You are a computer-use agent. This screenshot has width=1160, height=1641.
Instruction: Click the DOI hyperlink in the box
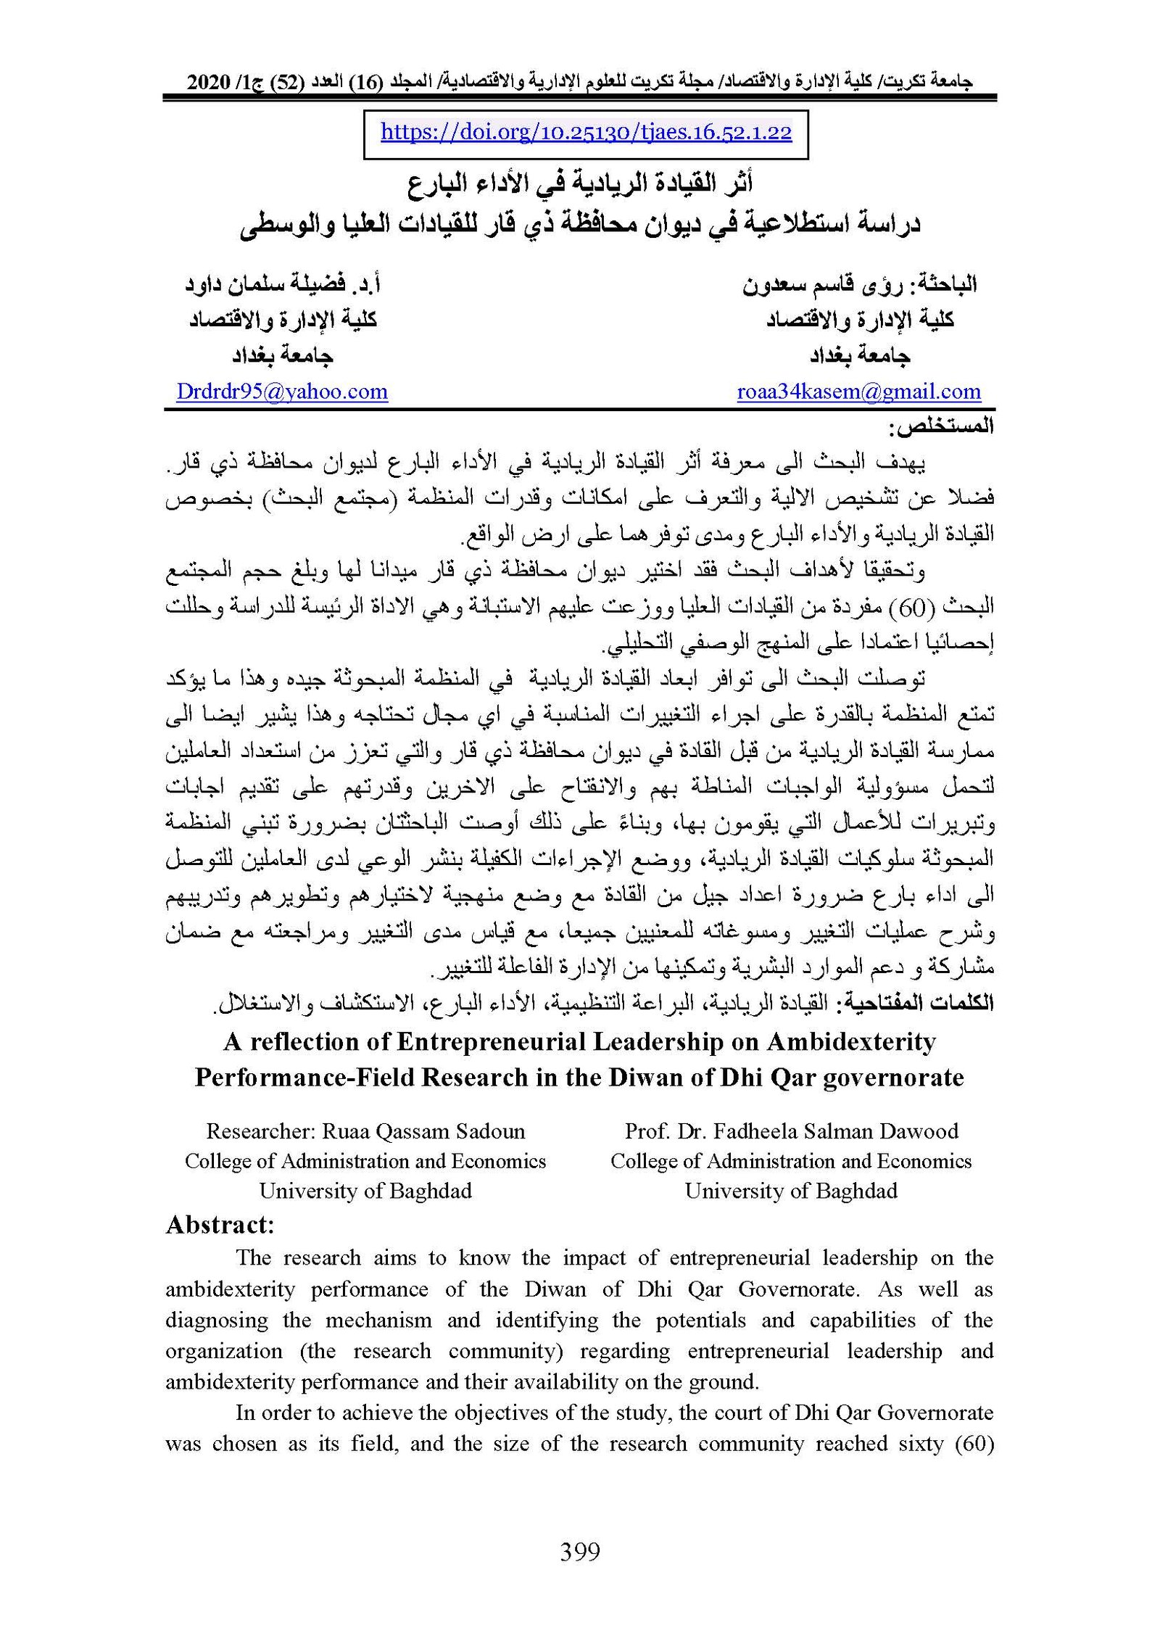[x=586, y=132]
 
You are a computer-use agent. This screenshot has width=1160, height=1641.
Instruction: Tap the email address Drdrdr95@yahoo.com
[x=282, y=392]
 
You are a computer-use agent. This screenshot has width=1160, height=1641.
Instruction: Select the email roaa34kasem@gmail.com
[x=858, y=392]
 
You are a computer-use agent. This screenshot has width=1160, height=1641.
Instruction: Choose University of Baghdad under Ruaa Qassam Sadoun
[x=365, y=1191]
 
